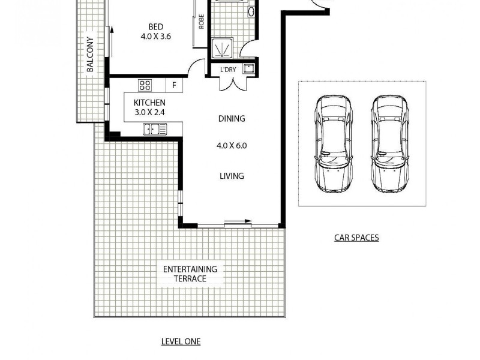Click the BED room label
(156, 26)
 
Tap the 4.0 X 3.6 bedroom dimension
(156, 36)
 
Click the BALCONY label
(91, 55)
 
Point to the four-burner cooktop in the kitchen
(146, 85)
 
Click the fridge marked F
(174, 85)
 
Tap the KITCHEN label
(149, 103)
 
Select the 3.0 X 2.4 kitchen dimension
(149, 112)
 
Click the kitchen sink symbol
(155, 128)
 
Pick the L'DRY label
(228, 70)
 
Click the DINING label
(232, 119)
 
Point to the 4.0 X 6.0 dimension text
(232, 145)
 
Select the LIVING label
(232, 176)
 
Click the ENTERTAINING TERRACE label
(190, 274)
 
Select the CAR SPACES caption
(356, 238)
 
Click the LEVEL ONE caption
(181, 341)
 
